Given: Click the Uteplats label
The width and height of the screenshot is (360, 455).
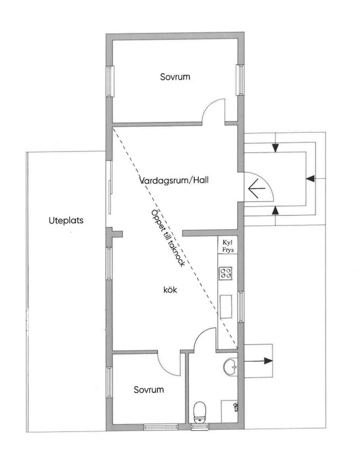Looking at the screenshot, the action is (x=66, y=221).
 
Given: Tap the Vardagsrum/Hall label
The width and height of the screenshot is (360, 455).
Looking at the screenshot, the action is (x=174, y=180).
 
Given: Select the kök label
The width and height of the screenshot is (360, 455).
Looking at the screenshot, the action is (x=170, y=290).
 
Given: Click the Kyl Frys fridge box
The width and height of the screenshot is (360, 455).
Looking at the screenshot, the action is (x=228, y=246).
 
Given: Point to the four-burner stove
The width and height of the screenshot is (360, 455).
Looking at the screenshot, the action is (x=226, y=273).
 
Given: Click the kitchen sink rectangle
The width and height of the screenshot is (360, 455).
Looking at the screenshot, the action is (x=226, y=307).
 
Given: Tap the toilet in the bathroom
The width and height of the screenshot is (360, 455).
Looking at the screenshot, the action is (x=200, y=412).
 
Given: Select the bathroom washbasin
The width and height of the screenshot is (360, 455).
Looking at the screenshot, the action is (x=231, y=367).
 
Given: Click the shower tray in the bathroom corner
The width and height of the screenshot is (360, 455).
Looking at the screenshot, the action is (x=230, y=411).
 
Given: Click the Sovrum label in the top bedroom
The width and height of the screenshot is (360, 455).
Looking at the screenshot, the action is (x=175, y=77).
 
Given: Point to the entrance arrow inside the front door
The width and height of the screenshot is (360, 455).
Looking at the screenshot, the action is (x=257, y=188).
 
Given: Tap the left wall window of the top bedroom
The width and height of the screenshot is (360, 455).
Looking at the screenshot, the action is (x=110, y=81).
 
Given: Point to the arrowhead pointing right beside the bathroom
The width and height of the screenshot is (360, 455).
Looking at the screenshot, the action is (x=268, y=360).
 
